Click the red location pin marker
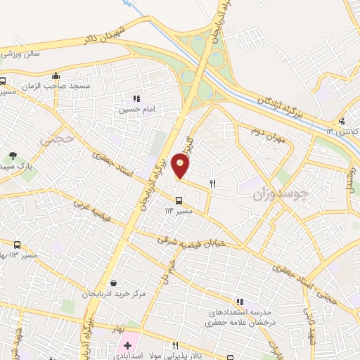pyautogui.click(x=181, y=166)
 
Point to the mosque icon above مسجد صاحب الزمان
pyautogui.click(x=56, y=75)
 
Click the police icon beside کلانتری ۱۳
pyautogui.click(x=342, y=120)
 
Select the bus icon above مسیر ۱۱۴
pyautogui.click(x=178, y=200)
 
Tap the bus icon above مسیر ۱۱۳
pyautogui.click(x=17, y=245)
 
